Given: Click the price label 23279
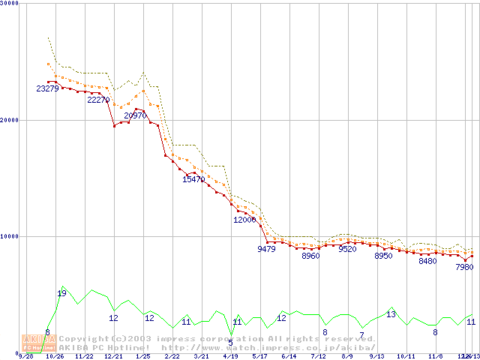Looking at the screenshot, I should (x=48, y=89).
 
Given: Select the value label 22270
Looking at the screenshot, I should (x=99, y=100).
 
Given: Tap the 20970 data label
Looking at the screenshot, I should (x=136, y=115).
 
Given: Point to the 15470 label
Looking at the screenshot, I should (x=193, y=180).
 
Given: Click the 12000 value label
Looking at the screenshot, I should (x=245, y=220).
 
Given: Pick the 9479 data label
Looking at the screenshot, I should (x=266, y=249).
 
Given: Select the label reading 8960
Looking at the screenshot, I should (x=310, y=256).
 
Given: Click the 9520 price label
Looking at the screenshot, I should (x=347, y=249).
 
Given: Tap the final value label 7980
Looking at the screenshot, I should (x=464, y=267).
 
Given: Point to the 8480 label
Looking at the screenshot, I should (x=427, y=262).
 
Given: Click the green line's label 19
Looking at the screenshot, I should (x=61, y=293).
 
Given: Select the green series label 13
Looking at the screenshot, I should (x=391, y=314).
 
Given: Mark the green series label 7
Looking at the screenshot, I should (x=361, y=334).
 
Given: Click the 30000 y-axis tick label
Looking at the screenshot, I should (x=10, y=4).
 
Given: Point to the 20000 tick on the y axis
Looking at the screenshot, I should (x=10, y=120).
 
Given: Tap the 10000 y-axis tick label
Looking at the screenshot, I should (x=10, y=236).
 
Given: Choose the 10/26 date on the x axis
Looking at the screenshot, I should (x=55, y=356).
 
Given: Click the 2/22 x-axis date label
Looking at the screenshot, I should (x=172, y=356).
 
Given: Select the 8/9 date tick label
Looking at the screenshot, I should (x=347, y=356).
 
